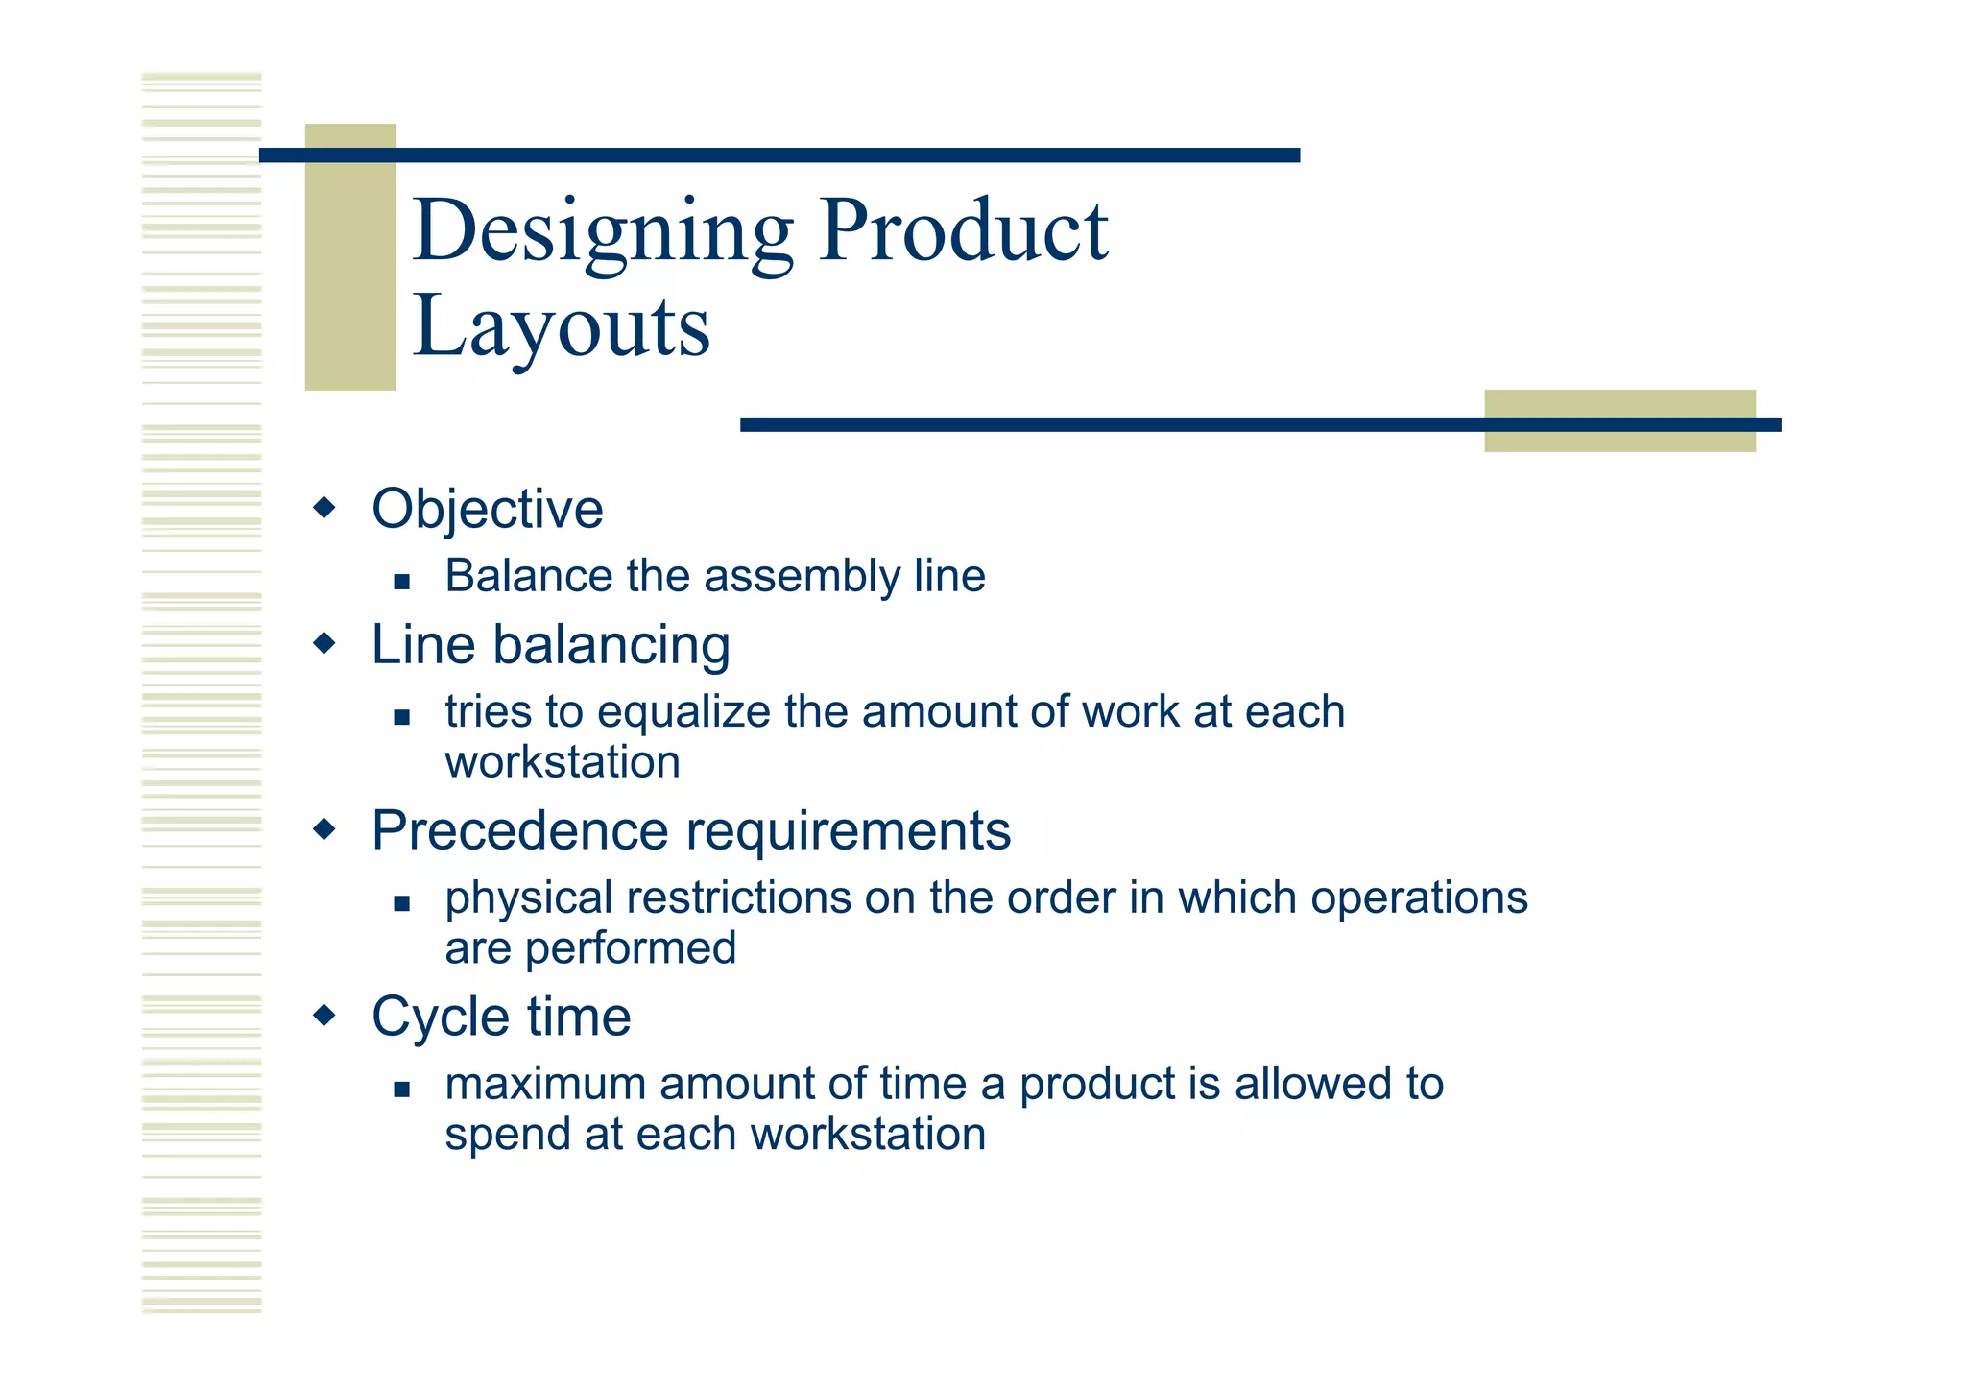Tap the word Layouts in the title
[561, 326]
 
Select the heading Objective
[487, 509]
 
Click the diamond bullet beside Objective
[325, 507]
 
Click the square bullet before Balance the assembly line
[401, 581]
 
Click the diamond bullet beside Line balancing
[325, 642]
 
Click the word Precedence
[519, 830]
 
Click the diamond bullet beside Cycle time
[325, 1015]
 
